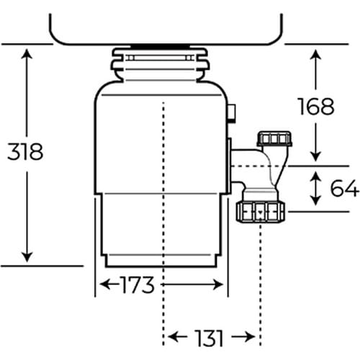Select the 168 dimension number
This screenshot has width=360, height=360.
click(x=316, y=106)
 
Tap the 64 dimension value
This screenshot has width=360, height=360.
click(x=344, y=189)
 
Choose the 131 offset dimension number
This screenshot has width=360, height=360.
click(x=209, y=336)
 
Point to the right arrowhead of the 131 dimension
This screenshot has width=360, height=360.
click(x=252, y=336)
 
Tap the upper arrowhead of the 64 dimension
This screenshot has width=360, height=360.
click(x=316, y=174)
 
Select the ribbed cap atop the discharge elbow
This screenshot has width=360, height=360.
click(x=274, y=139)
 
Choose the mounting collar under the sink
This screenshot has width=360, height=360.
click(x=163, y=63)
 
